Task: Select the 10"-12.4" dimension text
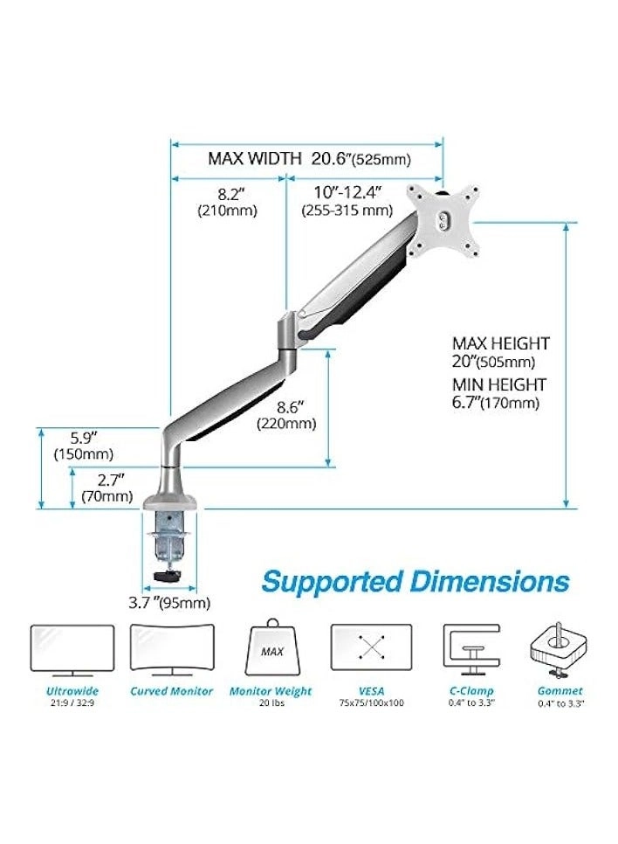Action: coord(347,201)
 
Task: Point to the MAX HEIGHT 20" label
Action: coord(500,352)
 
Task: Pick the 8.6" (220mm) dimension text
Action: coord(285,415)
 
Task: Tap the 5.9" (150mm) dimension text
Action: coord(83,446)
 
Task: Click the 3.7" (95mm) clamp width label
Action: coord(175,603)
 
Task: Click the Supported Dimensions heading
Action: coord(415,581)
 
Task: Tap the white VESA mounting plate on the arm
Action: coord(446,221)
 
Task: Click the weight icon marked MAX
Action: coord(271,648)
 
